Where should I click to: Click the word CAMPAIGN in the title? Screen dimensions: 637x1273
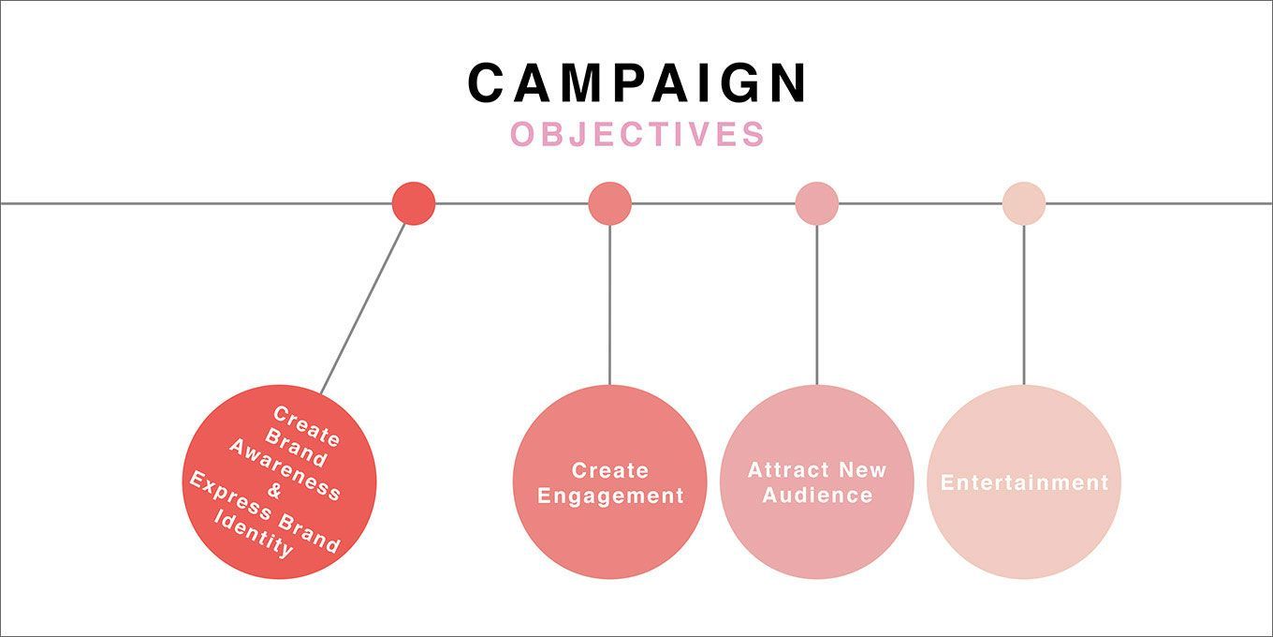637,82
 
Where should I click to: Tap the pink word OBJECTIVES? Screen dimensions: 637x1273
637,135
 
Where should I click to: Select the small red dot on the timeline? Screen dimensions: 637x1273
413,203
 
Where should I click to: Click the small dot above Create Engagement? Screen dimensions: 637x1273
609,203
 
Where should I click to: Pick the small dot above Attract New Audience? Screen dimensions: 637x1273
816,203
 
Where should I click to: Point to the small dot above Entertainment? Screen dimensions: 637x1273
1023,203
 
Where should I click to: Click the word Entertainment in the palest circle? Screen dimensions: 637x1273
1024,483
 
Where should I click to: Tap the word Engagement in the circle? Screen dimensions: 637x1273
610,496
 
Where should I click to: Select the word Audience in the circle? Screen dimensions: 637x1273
817,496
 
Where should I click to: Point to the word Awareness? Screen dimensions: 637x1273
285,468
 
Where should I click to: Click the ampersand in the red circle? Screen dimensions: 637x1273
274,490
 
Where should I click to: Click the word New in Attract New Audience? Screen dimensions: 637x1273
862,470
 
